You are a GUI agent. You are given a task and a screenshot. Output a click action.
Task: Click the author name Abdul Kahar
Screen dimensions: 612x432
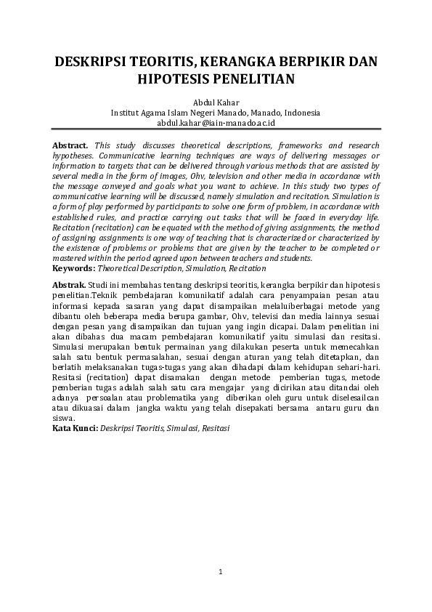[216, 102]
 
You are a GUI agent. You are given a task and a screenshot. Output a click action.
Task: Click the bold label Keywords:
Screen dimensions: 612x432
[74, 267]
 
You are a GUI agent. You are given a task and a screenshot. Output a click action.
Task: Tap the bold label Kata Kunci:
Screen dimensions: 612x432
[76, 428]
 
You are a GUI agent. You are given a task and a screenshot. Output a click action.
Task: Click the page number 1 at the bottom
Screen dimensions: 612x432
[220, 573]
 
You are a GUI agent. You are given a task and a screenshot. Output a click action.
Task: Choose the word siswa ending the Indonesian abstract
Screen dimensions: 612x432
[64, 418]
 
